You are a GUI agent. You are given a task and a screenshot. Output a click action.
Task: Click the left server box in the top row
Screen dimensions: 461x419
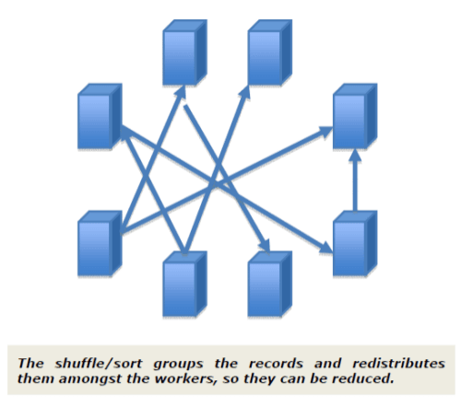coord(184,52)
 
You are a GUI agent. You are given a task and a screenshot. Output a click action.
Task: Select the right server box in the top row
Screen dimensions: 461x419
coord(270,52)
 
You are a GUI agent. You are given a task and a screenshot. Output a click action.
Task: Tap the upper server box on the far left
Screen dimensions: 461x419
coord(100,116)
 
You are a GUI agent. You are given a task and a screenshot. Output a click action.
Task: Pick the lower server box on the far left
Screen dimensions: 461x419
coord(100,243)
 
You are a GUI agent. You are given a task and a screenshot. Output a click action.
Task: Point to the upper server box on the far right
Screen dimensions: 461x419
coord(355,116)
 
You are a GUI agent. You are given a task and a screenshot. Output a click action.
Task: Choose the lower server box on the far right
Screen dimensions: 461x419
coord(355,243)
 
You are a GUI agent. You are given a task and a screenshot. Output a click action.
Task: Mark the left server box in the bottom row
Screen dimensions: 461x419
coord(184,284)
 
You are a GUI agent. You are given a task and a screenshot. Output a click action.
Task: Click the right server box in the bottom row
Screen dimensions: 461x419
coord(270,284)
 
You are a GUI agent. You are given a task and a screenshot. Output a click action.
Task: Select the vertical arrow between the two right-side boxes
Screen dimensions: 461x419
coord(355,180)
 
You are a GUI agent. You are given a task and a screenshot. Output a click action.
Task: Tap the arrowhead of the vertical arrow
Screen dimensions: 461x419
coord(355,155)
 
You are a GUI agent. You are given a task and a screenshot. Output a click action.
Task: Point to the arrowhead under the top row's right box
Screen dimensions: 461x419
coord(245,92)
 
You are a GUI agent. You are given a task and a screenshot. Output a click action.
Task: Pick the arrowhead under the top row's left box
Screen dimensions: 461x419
coord(181,92)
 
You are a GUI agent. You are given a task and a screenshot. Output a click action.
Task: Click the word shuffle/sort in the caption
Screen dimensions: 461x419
coord(99,364)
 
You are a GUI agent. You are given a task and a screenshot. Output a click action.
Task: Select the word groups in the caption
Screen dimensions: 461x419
coord(178,365)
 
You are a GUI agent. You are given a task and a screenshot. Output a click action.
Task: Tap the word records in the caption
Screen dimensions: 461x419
coord(276,364)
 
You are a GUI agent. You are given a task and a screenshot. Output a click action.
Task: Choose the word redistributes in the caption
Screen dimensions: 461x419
coord(398,364)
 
